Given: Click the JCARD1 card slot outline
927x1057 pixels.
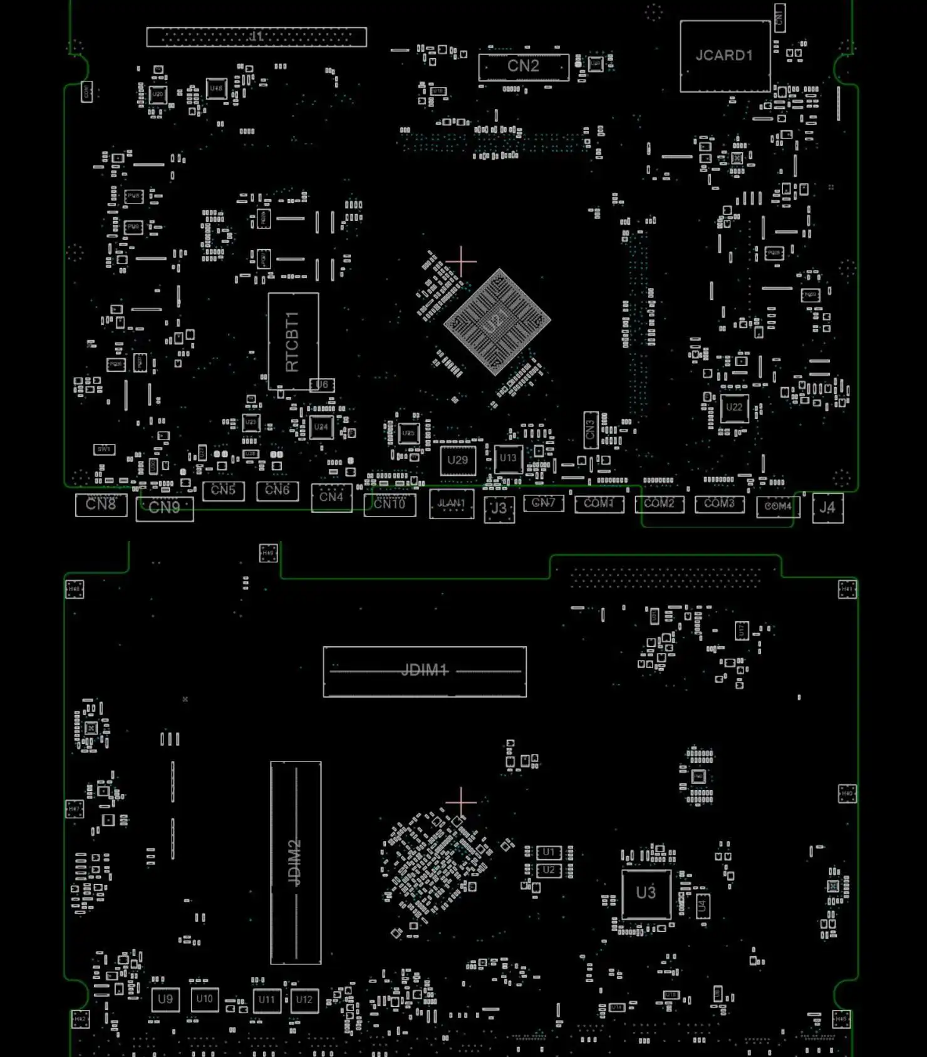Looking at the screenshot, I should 725,56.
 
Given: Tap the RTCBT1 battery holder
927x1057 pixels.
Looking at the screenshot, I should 293,341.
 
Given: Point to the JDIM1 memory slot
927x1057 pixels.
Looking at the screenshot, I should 425,671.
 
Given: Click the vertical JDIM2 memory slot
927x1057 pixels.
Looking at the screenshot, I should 296,863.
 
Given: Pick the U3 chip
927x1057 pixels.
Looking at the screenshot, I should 646,894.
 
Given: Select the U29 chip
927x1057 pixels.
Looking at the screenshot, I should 458,461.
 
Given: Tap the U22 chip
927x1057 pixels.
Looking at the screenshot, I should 734,408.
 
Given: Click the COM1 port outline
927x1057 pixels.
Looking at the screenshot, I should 599,504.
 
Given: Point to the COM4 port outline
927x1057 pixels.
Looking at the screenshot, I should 778,507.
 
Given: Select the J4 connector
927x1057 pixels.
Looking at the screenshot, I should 827,508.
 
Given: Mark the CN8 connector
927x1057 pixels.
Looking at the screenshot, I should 101,505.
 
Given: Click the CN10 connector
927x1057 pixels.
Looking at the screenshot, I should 390,505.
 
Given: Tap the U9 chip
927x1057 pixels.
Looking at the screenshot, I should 165,999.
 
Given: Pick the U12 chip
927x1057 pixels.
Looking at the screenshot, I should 304,1000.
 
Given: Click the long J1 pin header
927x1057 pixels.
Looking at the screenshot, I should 256,37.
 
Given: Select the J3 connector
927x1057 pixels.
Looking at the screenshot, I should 499,508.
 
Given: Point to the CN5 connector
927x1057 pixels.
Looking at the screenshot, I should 223,490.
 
